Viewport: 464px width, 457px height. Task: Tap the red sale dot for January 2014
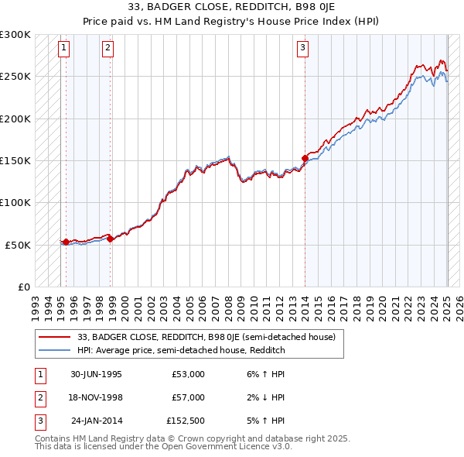pos(305,158)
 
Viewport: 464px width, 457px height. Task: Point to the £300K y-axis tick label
pos(15,35)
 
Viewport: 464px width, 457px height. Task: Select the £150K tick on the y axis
pos(15,160)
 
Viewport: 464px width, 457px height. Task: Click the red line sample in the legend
pos(56,337)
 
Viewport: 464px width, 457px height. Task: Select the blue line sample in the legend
pos(56,350)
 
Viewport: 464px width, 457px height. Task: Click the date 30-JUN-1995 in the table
pos(96,374)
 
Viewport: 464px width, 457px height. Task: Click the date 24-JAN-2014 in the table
pos(96,421)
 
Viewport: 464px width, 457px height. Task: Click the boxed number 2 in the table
pos(39,397)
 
